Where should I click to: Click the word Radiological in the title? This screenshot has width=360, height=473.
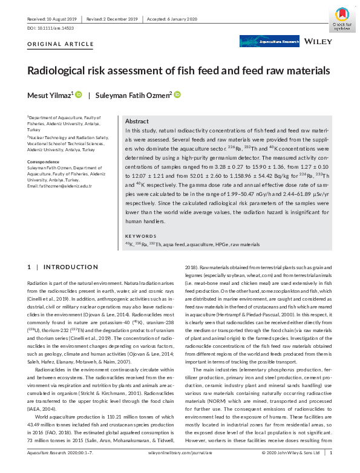pos(61,71)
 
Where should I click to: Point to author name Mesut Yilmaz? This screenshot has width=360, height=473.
pos(50,95)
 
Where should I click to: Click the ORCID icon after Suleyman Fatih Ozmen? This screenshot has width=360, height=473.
pos(177,94)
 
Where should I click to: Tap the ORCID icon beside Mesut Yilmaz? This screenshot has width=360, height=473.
pos(79,94)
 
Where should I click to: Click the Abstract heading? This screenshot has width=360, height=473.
pos(137,121)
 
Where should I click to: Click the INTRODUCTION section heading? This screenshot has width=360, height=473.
pos(67,267)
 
